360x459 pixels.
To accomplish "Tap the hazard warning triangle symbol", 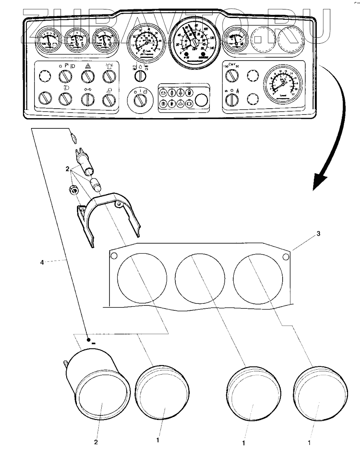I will (x=88, y=66).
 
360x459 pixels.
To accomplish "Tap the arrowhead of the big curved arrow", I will (x=318, y=181).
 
